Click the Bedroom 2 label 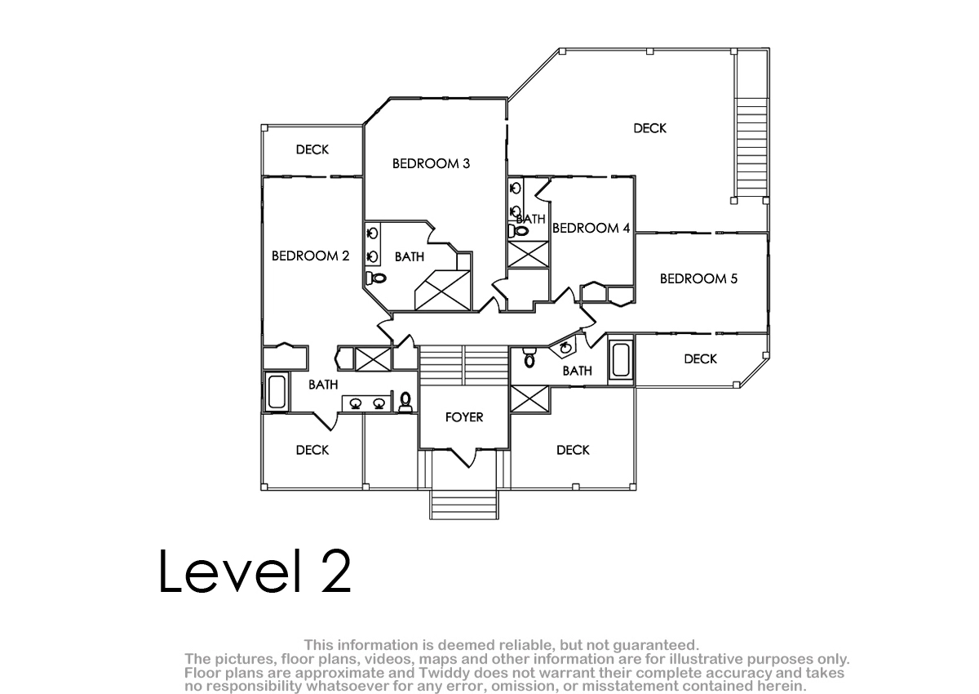[310, 256]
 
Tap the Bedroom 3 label [431, 163]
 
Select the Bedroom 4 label [591, 228]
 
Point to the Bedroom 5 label [698, 278]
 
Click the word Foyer [464, 417]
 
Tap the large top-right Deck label [650, 128]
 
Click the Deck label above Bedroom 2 [312, 149]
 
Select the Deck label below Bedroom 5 [700, 359]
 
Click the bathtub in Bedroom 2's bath [277, 391]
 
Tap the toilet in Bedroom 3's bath [376, 278]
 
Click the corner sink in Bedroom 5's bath [565, 348]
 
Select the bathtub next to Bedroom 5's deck [621, 360]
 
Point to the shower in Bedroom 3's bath [442, 291]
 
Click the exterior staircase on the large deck [751, 147]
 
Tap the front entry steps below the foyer [464, 505]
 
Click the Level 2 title [255, 571]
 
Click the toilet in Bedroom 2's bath [405, 403]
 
